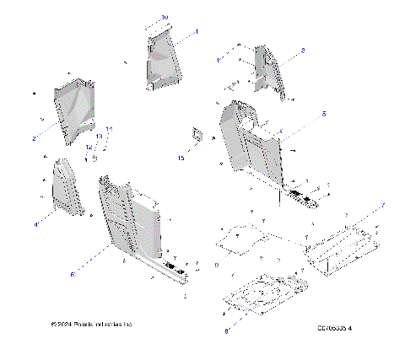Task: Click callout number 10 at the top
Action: (x=165, y=17)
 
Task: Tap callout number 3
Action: (x=303, y=51)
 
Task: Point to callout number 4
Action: (x=36, y=225)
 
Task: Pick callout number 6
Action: (x=72, y=274)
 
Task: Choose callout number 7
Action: (x=383, y=206)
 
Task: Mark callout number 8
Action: (x=226, y=331)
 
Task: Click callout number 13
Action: (x=99, y=136)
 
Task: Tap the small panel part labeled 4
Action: (x=67, y=187)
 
